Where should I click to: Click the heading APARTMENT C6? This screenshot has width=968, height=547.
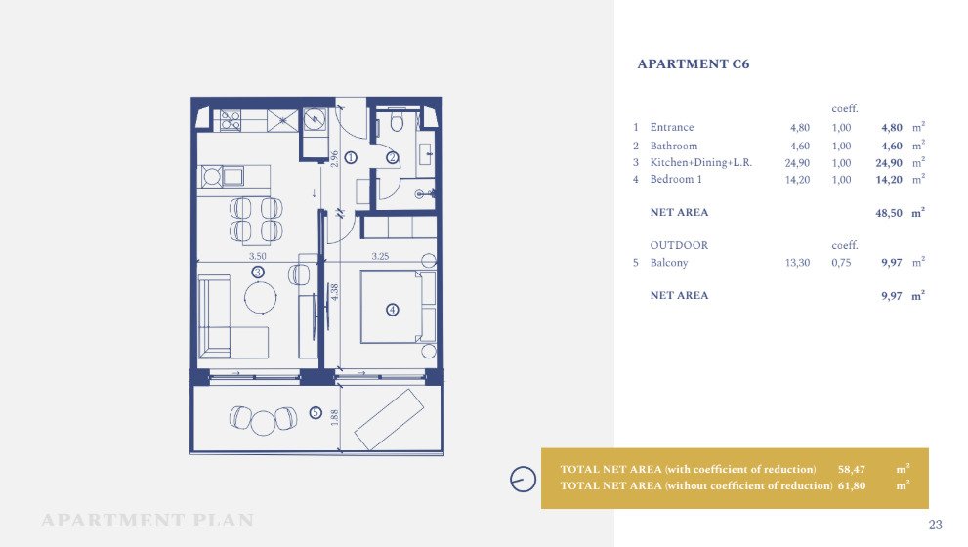point(693,64)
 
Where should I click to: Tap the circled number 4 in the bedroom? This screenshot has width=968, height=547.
point(392,310)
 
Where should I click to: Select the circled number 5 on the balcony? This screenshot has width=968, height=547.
point(316,412)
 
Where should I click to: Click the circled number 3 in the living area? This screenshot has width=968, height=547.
point(258,272)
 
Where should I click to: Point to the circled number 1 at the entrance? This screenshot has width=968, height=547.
point(351,158)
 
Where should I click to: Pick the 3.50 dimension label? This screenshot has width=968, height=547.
point(258,256)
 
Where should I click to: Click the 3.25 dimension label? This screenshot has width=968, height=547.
point(380,256)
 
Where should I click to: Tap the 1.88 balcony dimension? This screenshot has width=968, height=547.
point(335,418)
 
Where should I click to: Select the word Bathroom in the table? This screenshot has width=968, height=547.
point(674,147)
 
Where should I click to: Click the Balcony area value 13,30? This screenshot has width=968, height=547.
point(797,263)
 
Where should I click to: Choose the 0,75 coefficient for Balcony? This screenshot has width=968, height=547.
point(841,263)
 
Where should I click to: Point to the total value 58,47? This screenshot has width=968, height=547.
point(852,469)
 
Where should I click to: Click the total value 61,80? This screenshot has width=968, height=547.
point(852,485)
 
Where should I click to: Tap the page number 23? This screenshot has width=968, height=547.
point(936,525)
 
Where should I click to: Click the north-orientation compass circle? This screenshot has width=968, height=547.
point(523,479)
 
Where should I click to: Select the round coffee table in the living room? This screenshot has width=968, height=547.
point(261,298)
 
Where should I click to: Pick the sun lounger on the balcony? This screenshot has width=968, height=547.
point(389,419)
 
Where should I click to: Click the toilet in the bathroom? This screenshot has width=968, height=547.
point(397,122)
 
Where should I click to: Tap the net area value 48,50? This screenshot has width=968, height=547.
point(888,213)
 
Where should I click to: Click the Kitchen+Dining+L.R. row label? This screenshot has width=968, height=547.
point(700,163)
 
